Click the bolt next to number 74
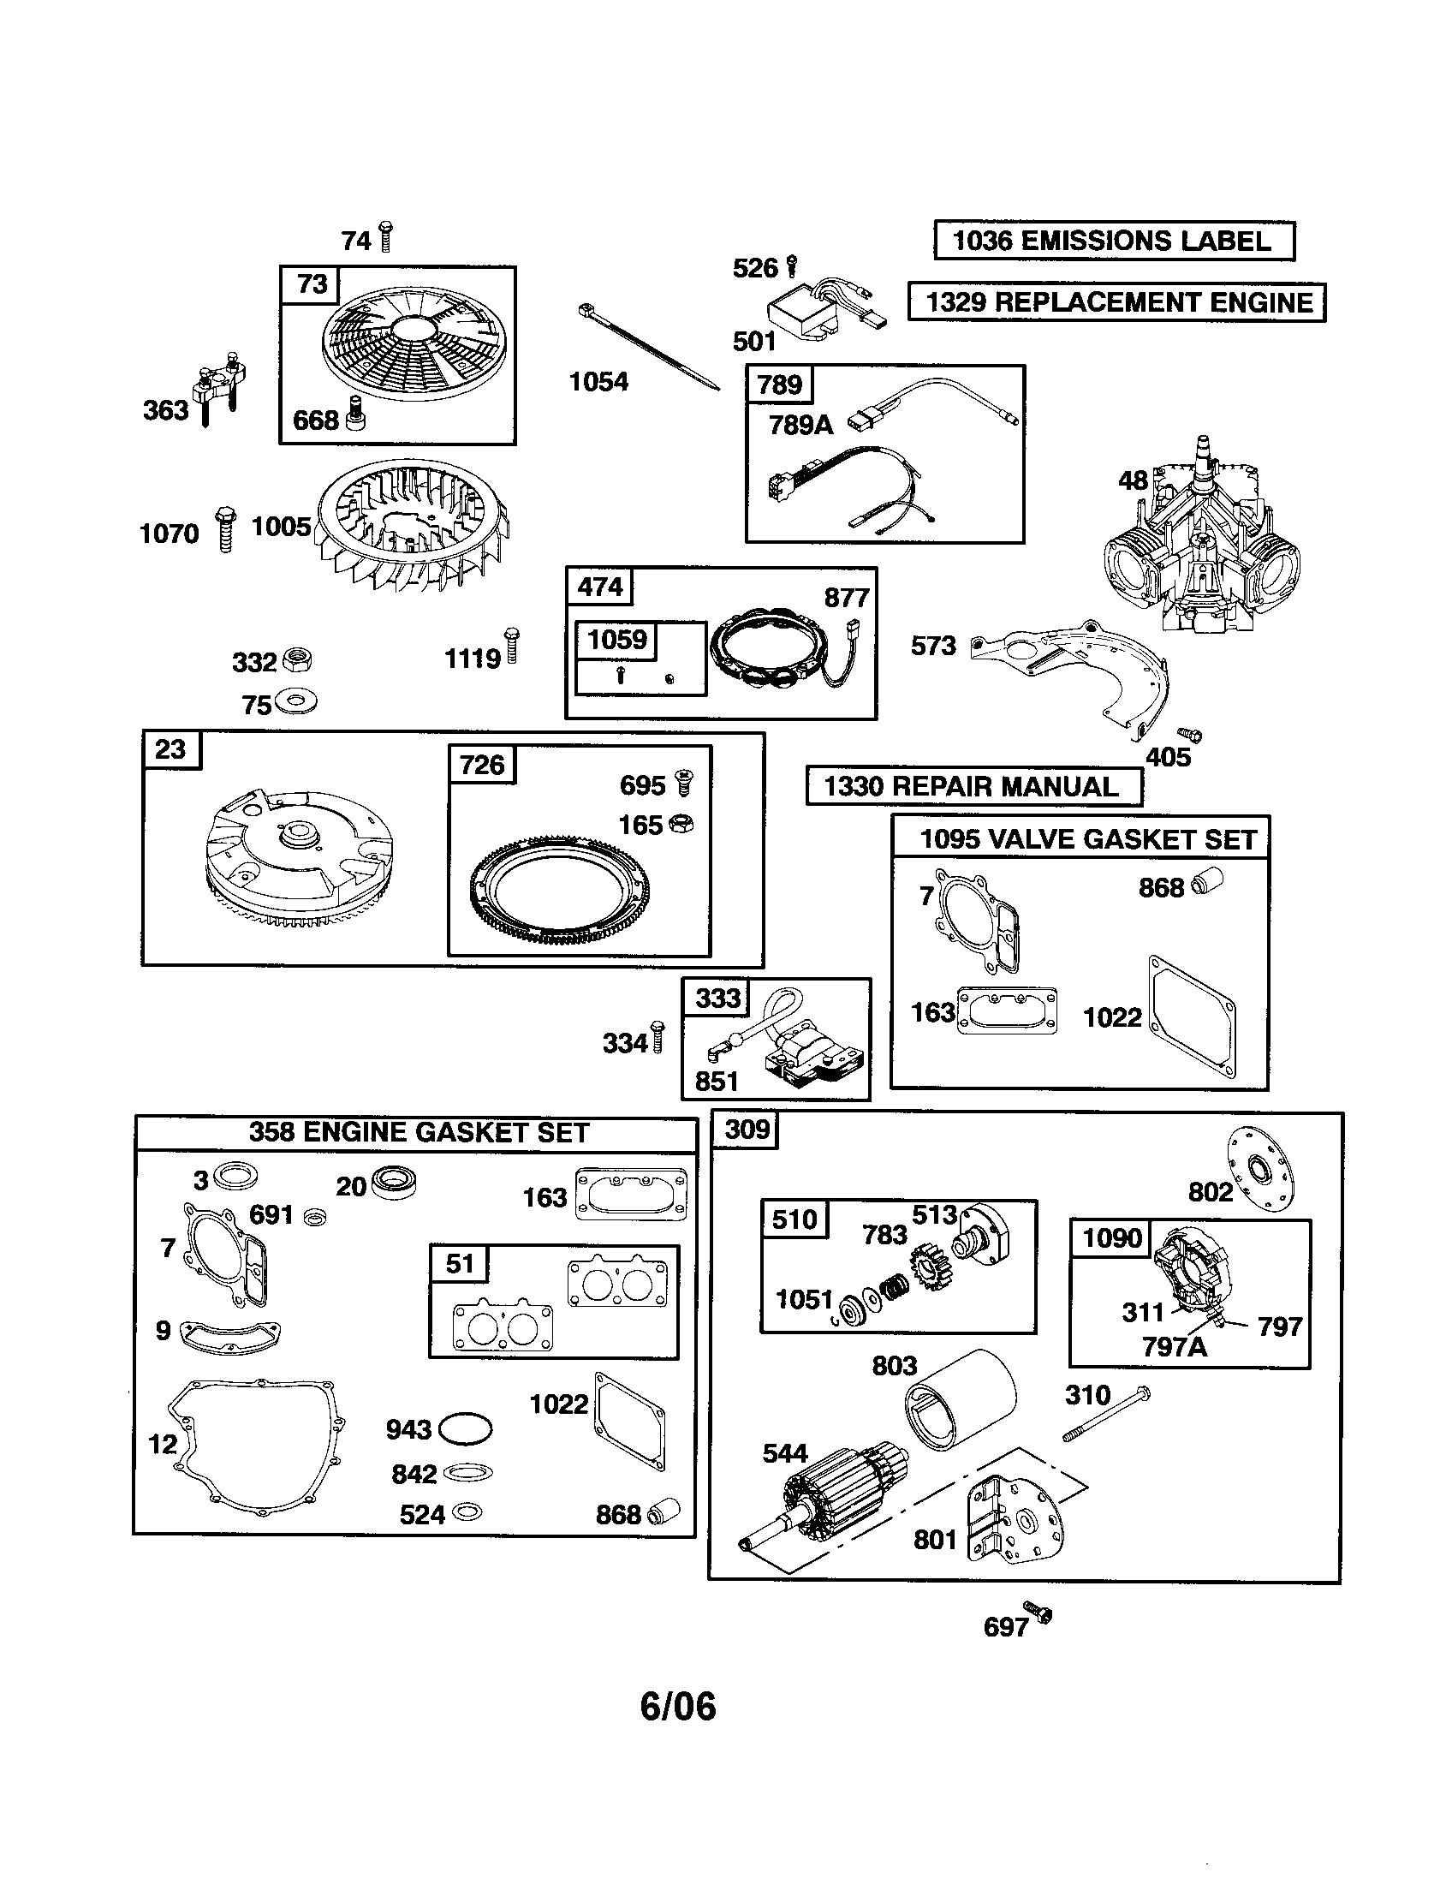pyautogui.click(x=385, y=236)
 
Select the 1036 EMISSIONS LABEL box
pyautogui.click(x=1113, y=241)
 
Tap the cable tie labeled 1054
pyautogui.click(x=648, y=348)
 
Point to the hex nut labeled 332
pyautogui.click(x=297, y=661)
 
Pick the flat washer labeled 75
pyautogui.click(x=297, y=702)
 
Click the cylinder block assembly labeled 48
pyautogui.click(x=1202, y=544)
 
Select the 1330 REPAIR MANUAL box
pyautogui.click(x=973, y=786)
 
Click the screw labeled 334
pyautogui.click(x=657, y=1037)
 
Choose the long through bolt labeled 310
pyautogui.click(x=1107, y=1413)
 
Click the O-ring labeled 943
pyautogui.click(x=465, y=1428)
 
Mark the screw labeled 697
pyautogui.click(x=1038, y=1613)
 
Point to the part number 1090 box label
pyautogui.click(x=1111, y=1239)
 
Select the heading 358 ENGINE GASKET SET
pyautogui.click(x=418, y=1133)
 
